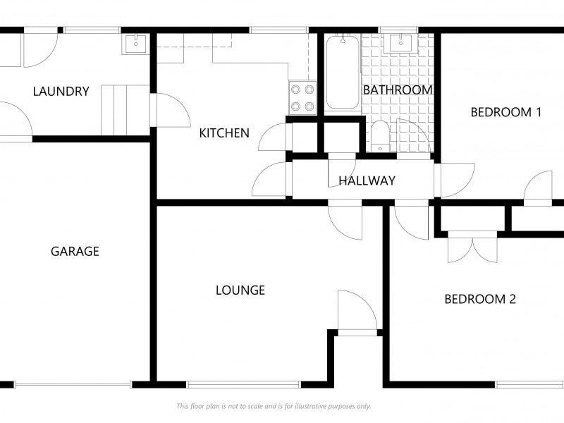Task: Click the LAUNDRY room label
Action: click(61, 92)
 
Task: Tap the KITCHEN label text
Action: click(224, 133)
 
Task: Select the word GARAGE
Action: click(75, 251)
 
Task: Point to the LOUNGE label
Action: click(240, 290)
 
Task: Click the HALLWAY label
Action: click(367, 180)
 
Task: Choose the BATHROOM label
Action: click(398, 90)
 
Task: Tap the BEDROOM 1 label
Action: click(505, 112)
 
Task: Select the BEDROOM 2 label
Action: click(480, 299)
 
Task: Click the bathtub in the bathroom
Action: click(343, 72)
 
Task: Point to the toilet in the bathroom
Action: click(380, 136)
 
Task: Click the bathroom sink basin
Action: click(400, 43)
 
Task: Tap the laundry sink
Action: click(135, 44)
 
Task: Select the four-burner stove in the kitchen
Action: click(302, 98)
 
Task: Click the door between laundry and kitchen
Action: click(171, 110)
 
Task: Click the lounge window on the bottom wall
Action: click(243, 384)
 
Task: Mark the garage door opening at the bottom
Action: click(73, 384)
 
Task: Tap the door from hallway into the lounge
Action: click(345, 220)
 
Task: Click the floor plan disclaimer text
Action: click(274, 406)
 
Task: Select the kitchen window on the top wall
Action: click(279, 30)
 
